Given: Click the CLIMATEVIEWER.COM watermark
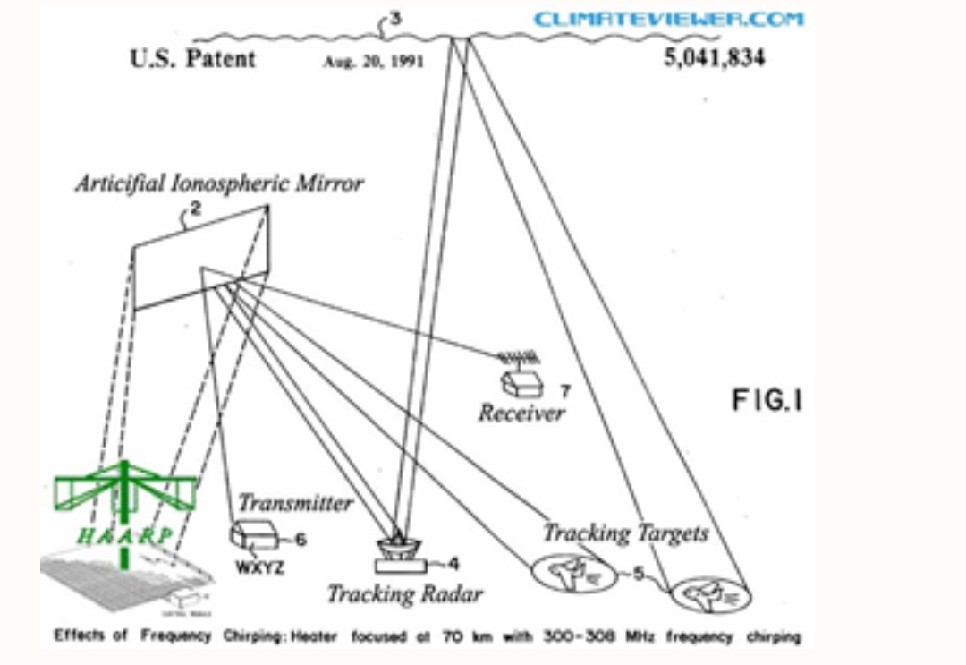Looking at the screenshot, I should (x=669, y=19).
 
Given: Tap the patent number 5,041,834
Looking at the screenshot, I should (x=715, y=59).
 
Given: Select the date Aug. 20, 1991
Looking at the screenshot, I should (x=373, y=62).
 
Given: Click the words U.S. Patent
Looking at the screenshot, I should (x=192, y=59).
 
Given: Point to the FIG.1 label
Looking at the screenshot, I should (x=767, y=400).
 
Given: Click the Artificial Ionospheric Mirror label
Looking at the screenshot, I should (x=219, y=183).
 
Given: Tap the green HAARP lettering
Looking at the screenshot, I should (x=124, y=536).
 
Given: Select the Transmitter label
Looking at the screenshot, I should (x=295, y=503).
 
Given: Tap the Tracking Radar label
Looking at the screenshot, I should (x=404, y=593).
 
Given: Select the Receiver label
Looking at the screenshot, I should (x=521, y=413).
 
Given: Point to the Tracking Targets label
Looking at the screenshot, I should (x=625, y=533).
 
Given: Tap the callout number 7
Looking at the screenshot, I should (x=564, y=391).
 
